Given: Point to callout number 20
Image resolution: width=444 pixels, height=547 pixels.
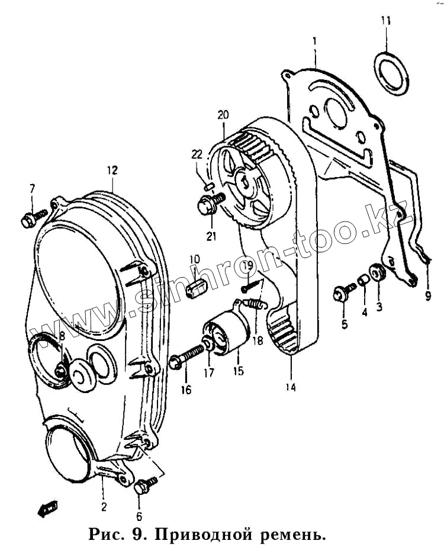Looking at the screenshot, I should [x=223, y=114].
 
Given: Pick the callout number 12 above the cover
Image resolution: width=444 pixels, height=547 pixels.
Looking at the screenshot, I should [x=112, y=170].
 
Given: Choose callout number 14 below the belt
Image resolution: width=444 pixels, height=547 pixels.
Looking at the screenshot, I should [x=291, y=388].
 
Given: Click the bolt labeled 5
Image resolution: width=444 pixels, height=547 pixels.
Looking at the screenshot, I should [x=342, y=292].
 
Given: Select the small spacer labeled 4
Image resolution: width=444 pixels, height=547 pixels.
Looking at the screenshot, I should [x=362, y=278].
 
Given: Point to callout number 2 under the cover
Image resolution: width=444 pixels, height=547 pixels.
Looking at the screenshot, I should [x=104, y=506].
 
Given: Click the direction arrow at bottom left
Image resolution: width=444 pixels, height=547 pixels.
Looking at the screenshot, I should [x=46, y=507].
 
